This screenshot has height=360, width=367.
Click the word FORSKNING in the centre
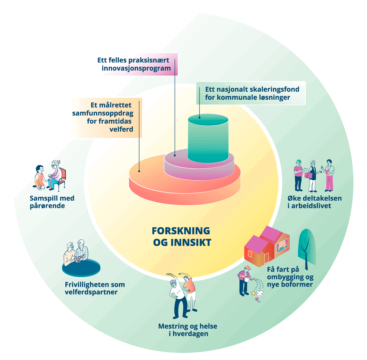click(181, 231)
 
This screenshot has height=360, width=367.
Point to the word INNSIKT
click(191, 242)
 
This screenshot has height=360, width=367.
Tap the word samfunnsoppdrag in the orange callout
click(103, 113)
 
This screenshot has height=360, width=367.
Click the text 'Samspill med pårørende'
click(52, 202)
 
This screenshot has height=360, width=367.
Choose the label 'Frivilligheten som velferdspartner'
click(95, 288)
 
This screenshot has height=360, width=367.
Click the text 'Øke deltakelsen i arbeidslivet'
click(315, 202)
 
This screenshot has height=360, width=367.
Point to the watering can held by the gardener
click(248, 279)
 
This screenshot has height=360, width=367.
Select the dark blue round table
click(81, 267)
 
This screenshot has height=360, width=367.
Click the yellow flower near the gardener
click(254, 293)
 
